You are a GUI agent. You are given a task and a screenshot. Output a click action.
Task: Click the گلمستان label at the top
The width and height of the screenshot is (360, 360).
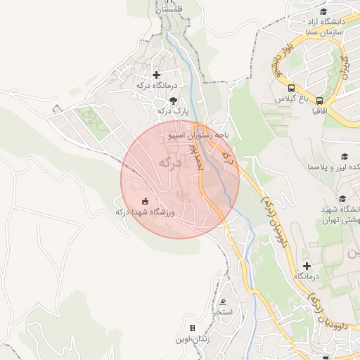click(168, 9)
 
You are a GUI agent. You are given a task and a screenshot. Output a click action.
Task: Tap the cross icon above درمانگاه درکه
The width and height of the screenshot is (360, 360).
click(156, 75)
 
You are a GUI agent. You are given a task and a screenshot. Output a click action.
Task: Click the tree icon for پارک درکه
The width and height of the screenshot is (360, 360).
click(173, 101)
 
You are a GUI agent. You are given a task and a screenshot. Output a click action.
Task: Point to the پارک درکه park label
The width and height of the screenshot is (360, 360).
click(173, 111)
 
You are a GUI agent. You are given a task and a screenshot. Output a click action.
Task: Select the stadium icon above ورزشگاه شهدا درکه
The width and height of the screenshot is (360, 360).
click(146, 202)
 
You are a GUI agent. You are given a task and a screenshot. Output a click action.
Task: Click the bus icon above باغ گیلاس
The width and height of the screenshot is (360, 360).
click(291, 88)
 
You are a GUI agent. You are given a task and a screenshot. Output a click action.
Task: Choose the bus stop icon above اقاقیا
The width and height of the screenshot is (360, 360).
click(320, 101)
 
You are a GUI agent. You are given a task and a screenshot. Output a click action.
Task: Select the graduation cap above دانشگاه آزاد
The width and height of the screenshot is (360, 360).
click(323, 12)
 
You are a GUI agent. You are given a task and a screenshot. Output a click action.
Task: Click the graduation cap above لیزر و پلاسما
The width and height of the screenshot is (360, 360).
click(345, 156)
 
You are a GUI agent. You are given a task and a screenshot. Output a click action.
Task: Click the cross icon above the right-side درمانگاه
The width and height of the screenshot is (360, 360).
click(307, 265)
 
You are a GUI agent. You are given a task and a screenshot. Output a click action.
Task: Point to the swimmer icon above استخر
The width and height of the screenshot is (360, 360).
click(223, 301)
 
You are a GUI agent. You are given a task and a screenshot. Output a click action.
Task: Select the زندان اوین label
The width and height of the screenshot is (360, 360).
click(192, 339)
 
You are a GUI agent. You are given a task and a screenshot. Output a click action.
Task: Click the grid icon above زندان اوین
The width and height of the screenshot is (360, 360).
click(192, 328)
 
